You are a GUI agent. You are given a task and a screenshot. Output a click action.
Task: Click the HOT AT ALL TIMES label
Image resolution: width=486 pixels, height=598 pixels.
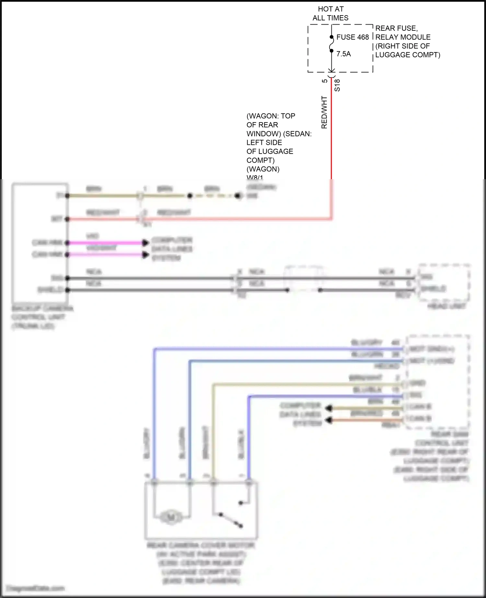[x=330, y=14]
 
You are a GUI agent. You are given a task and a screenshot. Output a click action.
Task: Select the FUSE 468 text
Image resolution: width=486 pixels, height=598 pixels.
[x=353, y=37]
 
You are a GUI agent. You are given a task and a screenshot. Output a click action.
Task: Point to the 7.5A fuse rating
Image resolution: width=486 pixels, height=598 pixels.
[x=343, y=54]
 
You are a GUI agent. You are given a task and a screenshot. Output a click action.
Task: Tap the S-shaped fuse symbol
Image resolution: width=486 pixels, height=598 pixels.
[x=331, y=44]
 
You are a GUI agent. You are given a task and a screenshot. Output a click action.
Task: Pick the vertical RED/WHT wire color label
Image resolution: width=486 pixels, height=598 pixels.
[x=324, y=112]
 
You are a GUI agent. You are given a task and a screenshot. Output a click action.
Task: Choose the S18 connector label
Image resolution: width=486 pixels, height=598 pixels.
[x=337, y=85]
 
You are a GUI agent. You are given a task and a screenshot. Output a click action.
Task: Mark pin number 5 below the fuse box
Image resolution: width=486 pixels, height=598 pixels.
[x=325, y=81]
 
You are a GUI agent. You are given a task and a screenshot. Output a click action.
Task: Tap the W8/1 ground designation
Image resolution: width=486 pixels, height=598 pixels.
[x=255, y=178]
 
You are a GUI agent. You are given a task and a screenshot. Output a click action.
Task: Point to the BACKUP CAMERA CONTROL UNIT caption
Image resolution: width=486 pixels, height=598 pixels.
[x=42, y=317]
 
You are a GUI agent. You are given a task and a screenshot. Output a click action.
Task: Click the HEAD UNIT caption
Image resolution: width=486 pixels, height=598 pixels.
[x=446, y=306]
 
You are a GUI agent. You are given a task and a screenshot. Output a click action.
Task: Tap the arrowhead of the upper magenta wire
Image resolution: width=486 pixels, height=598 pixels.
[x=145, y=243]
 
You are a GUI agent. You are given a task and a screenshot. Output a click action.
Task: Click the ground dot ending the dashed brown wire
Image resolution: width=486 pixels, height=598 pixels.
[x=238, y=196]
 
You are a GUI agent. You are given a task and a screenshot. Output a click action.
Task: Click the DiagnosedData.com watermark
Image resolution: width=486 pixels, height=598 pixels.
[x=36, y=588]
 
